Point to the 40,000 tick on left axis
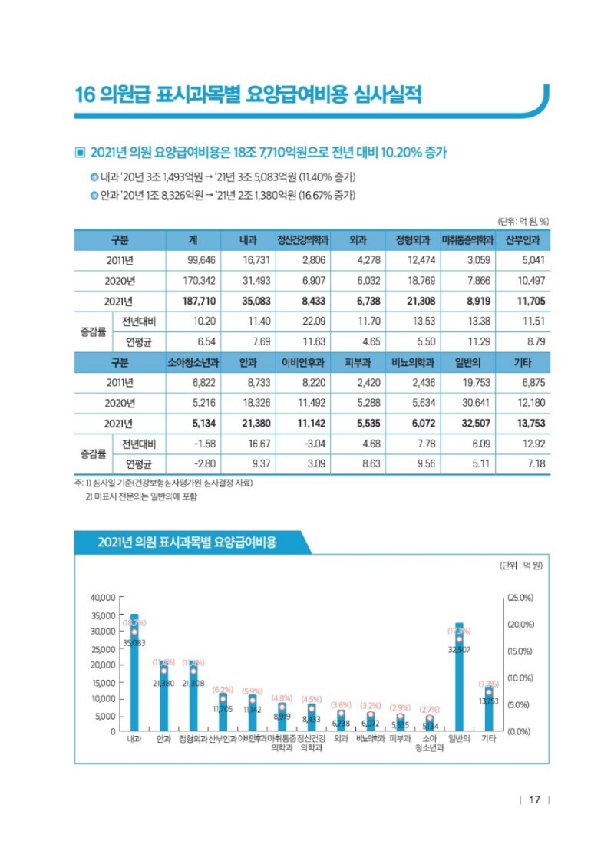pos(102,597)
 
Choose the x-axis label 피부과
pos(401,740)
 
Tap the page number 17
pos(535,800)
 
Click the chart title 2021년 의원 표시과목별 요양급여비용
pos(187,543)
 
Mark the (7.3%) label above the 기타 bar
pos(489,683)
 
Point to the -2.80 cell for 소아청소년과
pos(203,463)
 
